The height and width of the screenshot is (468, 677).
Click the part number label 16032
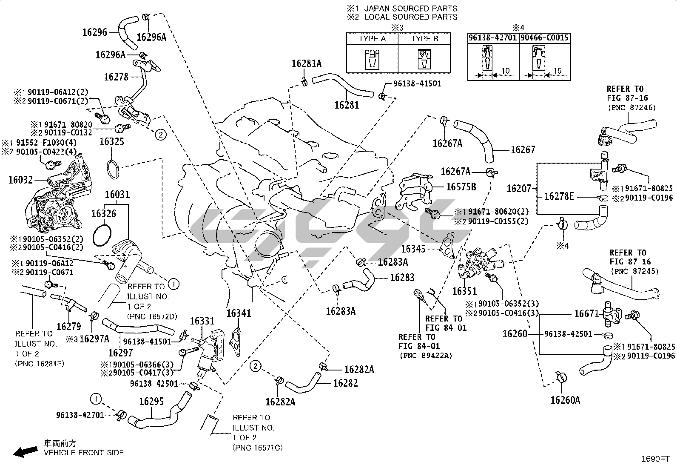point(20,180)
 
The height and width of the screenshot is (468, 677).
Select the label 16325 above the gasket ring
point(112,141)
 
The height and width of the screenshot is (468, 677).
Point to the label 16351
point(464,291)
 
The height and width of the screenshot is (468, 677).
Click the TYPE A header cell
point(372,39)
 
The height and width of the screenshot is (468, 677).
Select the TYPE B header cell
point(424,39)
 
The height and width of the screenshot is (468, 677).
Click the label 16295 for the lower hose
point(152,402)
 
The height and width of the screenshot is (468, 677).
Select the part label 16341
point(239,313)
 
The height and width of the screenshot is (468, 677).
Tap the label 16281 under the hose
point(347,105)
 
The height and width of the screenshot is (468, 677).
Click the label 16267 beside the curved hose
point(523,150)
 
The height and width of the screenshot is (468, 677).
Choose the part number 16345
point(414,248)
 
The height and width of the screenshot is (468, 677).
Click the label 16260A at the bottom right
point(565,400)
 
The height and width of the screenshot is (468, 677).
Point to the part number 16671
point(586,313)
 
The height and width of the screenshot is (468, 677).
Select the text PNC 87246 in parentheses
point(631,108)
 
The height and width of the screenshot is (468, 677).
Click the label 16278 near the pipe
point(116,77)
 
